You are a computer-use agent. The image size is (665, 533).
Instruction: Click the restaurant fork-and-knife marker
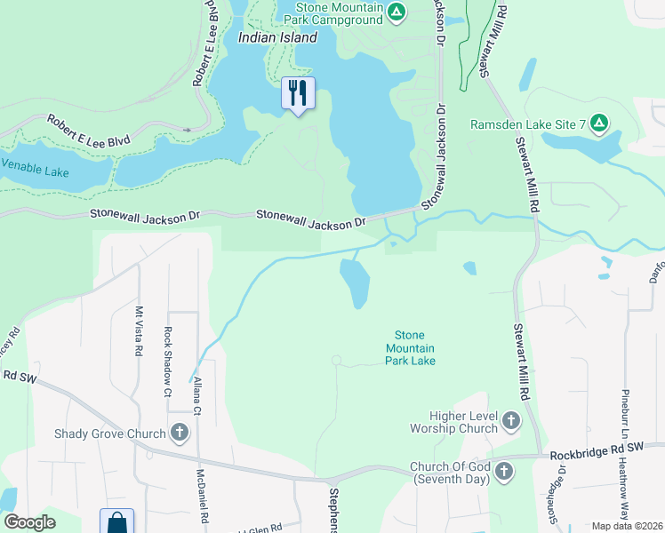298,93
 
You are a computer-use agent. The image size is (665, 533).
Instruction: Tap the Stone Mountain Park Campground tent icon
397,12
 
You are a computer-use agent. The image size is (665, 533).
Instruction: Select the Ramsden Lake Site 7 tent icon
599,123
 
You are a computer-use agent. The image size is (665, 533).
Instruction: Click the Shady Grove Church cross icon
179,434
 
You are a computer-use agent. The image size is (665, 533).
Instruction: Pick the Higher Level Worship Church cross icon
511,419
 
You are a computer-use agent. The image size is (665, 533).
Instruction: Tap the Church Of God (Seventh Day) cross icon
504,471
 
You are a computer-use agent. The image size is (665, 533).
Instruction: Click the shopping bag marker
116,522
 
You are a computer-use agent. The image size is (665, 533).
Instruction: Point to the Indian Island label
277,37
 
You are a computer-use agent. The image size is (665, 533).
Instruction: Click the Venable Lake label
34,166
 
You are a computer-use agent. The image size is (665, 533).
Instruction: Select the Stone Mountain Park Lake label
410,348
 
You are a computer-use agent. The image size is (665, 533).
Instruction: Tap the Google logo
29,522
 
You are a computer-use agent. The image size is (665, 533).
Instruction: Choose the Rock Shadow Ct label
167,362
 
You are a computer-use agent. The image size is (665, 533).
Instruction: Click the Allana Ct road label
196,394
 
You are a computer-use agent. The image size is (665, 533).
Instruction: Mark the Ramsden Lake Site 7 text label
527,124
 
